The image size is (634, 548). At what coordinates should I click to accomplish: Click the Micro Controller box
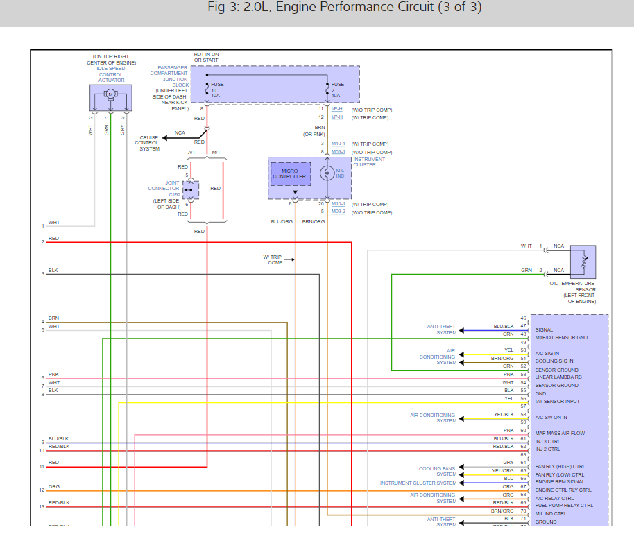tap(289, 173)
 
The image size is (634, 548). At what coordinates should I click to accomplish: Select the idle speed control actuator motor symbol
tap(110, 94)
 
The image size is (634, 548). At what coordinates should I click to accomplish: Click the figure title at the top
tap(344, 8)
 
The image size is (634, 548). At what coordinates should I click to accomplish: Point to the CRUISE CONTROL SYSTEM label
tap(149, 143)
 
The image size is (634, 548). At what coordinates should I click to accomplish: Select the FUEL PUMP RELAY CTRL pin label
tap(564, 506)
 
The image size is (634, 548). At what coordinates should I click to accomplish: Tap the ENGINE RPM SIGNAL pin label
tap(560, 481)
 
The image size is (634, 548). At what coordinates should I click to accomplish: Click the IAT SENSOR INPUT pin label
tap(557, 402)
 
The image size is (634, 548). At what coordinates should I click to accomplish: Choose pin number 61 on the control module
tap(524, 439)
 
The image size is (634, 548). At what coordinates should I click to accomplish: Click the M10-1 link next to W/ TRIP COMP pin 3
tap(338, 144)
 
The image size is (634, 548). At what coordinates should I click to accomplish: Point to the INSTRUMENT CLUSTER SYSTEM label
tap(418, 483)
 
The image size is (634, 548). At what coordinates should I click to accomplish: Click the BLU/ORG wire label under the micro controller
tap(282, 221)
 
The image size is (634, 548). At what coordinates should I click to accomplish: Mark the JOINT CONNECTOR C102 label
tap(163, 189)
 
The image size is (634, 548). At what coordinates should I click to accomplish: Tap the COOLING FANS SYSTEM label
tap(438, 472)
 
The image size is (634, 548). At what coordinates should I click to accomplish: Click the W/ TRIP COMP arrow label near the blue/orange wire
tap(273, 259)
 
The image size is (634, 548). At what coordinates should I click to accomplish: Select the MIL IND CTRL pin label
tap(551, 514)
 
